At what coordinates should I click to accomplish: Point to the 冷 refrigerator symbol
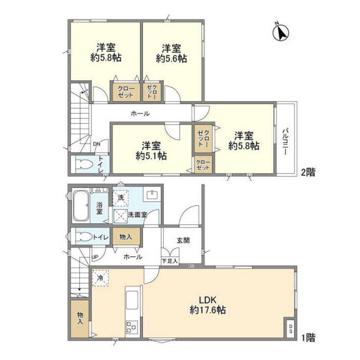(100, 278)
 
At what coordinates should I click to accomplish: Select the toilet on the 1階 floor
(84, 237)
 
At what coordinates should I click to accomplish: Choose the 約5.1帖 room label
(151, 151)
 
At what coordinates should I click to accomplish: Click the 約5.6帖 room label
(171, 53)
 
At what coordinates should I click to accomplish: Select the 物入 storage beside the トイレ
(126, 237)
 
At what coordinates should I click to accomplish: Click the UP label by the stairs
(95, 257)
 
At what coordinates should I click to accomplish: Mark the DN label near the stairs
(97, 144)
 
